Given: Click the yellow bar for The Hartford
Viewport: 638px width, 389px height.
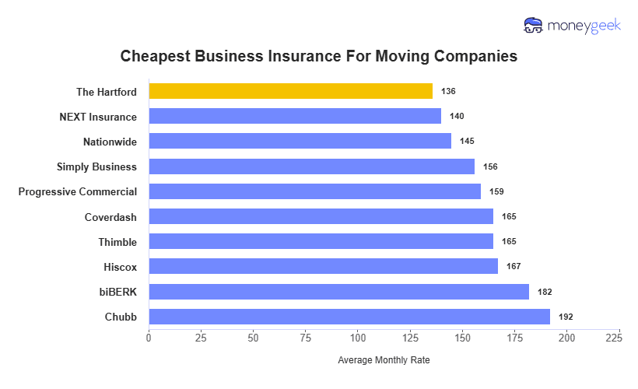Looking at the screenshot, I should (x=290, y=91).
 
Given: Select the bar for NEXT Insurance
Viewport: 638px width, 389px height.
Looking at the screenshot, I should (x=295, y=116).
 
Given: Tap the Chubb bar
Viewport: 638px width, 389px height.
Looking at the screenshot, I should (x=349, y=317).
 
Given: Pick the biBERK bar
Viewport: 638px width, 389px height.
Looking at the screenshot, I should (x=338, y=292).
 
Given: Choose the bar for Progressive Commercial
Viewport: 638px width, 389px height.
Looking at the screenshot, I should (x=314, y=191).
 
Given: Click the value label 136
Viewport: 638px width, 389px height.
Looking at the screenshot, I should (x=448, y=91).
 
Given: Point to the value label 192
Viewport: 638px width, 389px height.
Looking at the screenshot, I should (x=566, y=317).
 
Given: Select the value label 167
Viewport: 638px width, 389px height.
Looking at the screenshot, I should (x=514, y=267).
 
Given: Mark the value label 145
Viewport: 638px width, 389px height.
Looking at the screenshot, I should (x=467, y=142).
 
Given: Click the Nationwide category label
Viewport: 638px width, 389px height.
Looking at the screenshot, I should (x=110, y=142).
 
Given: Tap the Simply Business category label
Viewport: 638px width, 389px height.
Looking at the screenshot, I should (x=96, y=166).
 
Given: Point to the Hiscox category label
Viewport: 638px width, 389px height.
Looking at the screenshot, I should (x=120, y=267).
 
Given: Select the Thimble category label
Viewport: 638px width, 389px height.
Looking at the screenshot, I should (x=117, y=242).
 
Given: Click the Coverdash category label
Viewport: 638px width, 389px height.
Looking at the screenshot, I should (x=110, y=217).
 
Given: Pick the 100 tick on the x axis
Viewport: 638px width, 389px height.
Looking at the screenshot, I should (x=358, y=338).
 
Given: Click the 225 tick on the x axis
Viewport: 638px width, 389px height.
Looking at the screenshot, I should (x=619, y=338).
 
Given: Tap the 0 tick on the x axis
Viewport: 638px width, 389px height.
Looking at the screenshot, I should (x=149, y=338).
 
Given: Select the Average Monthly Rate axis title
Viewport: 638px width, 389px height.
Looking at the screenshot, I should (x=384, y=361).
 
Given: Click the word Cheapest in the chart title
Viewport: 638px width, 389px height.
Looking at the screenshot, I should (x=156, y=57).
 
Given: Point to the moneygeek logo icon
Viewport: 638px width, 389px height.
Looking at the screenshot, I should (x=534, y=26).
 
